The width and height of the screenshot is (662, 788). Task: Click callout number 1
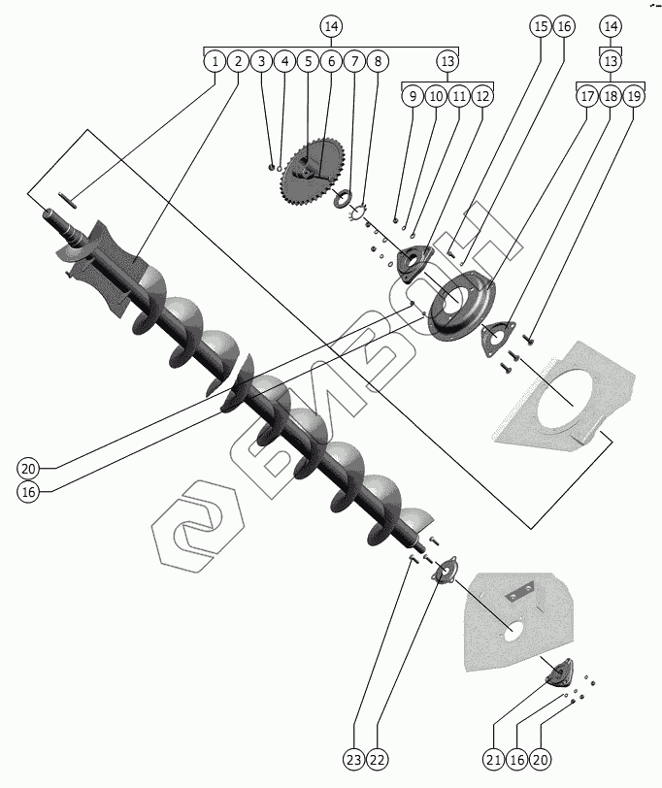coord(214,61)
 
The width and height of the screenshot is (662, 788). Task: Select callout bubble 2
coord(237,61)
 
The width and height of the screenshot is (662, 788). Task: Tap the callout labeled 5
coord(308,61)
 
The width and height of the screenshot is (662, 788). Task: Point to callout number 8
coord(378,61)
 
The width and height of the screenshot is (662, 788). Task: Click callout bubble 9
coord(413,96)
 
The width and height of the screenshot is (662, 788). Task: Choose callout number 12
coord(482,96)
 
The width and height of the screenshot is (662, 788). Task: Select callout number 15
coord(541,26)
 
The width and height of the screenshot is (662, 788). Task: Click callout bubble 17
coord(586,96)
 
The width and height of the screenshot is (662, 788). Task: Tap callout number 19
coord(633,96)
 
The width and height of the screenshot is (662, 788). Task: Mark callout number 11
coord(459,96)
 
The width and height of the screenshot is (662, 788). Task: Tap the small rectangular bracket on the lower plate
coord(528,588)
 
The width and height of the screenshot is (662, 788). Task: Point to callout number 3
coord(260,61)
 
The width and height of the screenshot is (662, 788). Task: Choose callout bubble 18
coord(610,96)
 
